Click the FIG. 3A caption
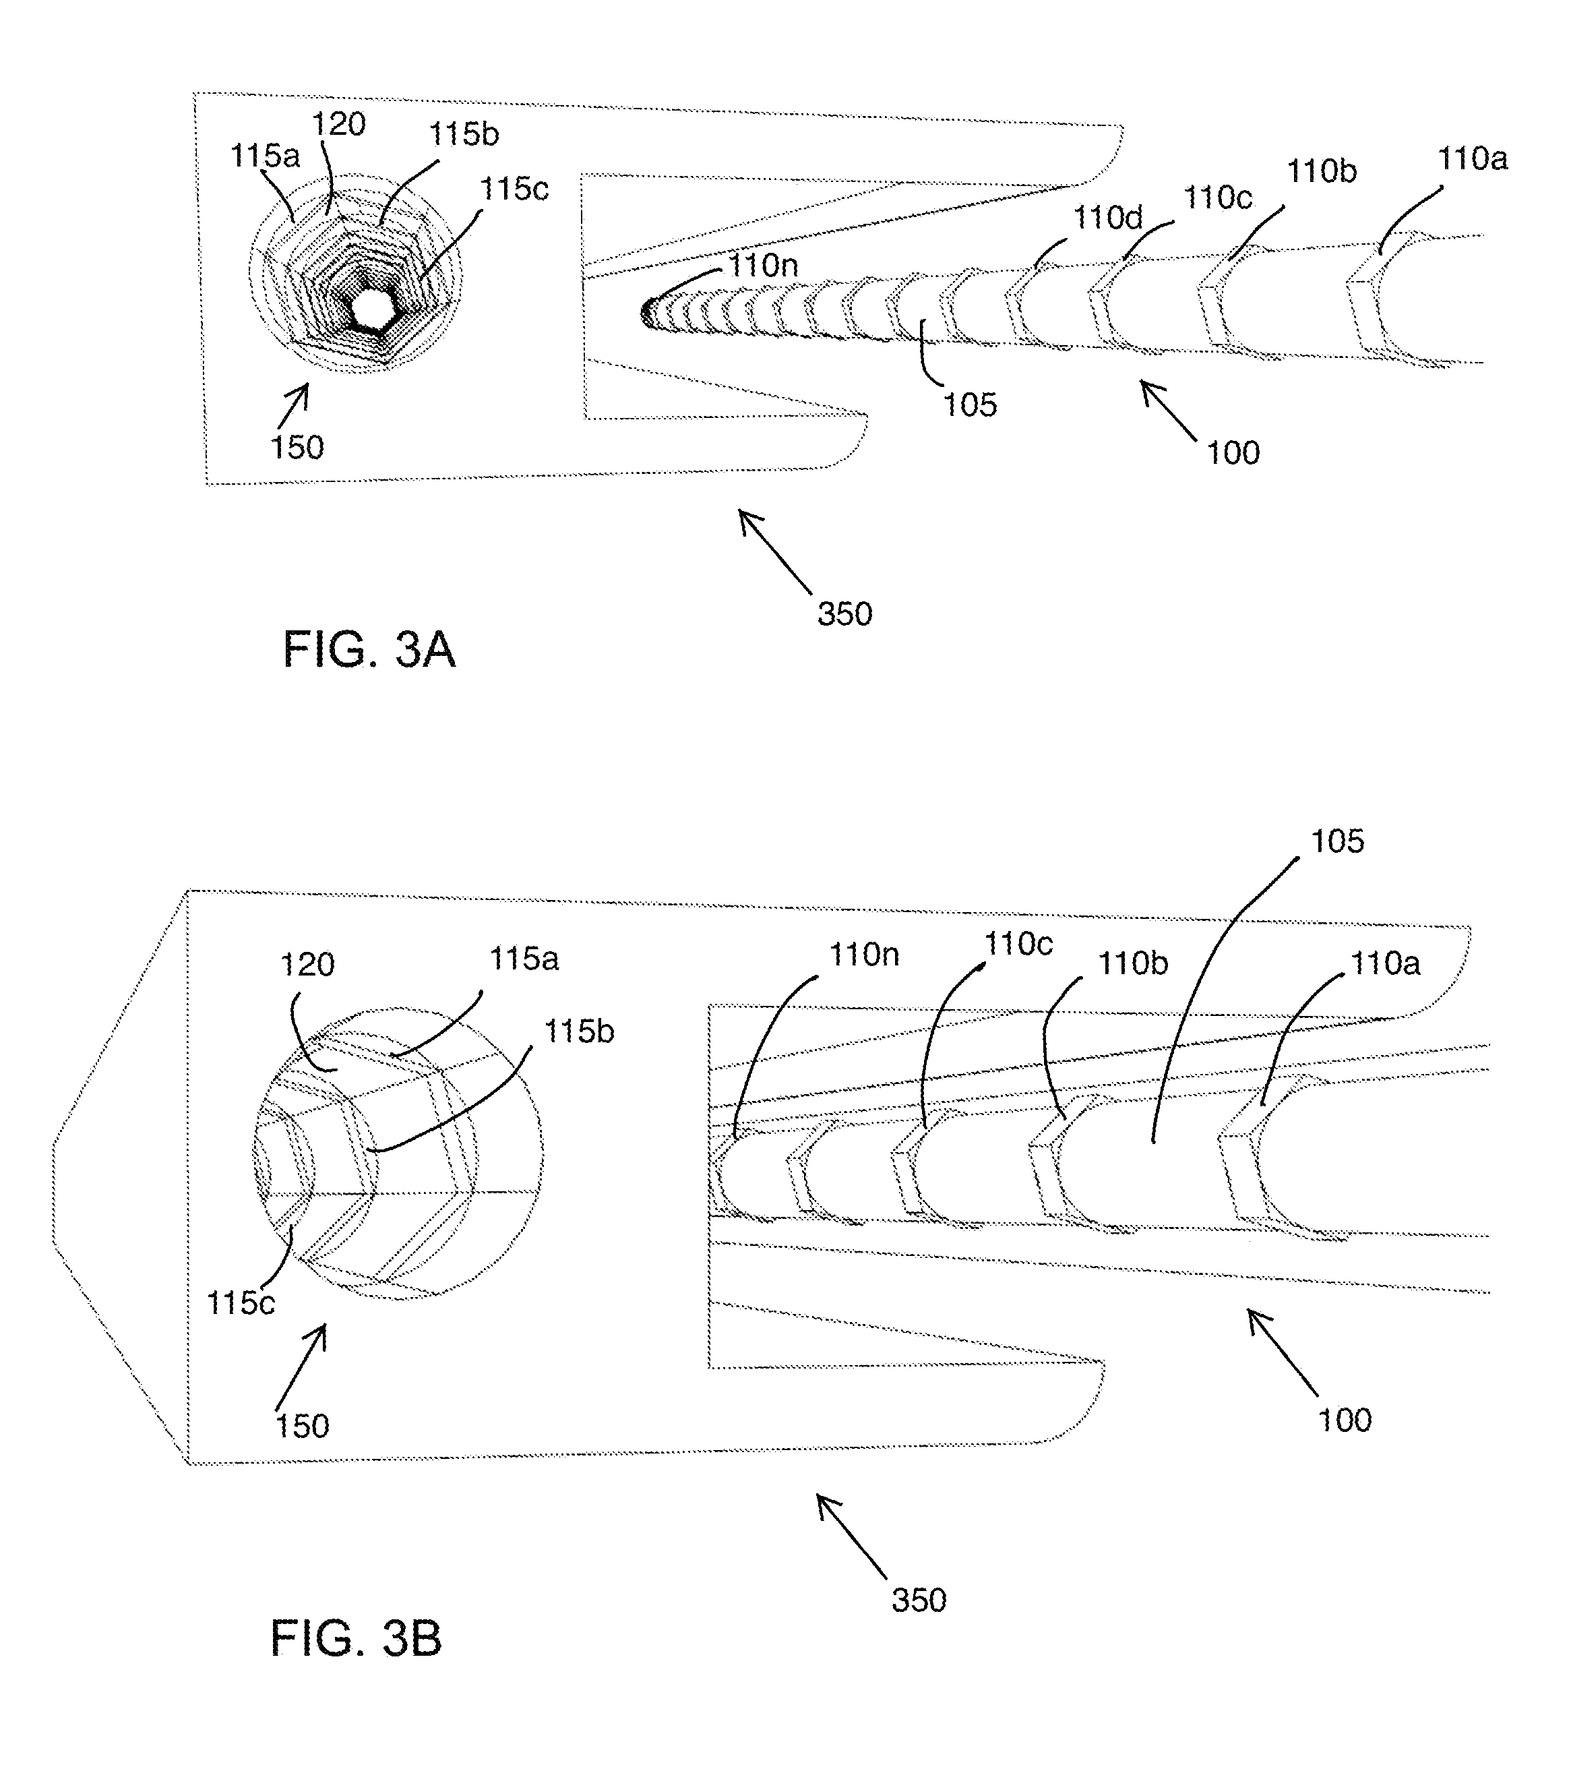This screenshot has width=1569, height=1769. (x=369, y=650)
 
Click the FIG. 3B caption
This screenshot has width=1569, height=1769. (x=356, y=1638)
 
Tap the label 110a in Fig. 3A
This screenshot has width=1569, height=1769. (x=1472, y=159)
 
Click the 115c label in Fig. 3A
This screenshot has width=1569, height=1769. (x=514, y=189)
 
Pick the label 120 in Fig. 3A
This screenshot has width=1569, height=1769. (x=338, y=125)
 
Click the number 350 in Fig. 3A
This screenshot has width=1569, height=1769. (x=844, y=614)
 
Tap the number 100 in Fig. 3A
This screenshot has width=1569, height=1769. (x=1233, y=452)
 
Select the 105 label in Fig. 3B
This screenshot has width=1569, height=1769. (x=1337, y=841)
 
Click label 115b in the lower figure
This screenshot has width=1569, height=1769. (x=579, y=1031)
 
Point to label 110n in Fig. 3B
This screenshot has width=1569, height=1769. (x=863, y=955)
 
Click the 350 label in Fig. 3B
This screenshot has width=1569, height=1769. (x=919, y=1600)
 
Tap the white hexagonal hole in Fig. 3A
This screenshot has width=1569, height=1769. (x=371, y=307)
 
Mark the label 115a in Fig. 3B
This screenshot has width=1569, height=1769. (x=524, y=959)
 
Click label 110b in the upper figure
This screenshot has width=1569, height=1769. (x=1322, y=172)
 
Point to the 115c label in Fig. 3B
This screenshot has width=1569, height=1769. (x=241, y=1303)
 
